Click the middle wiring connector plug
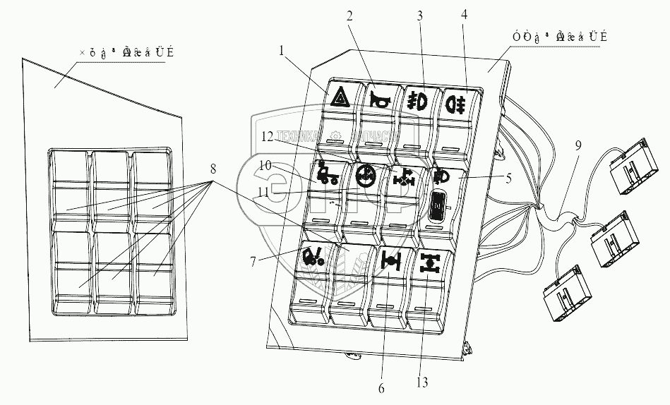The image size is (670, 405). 612,238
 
